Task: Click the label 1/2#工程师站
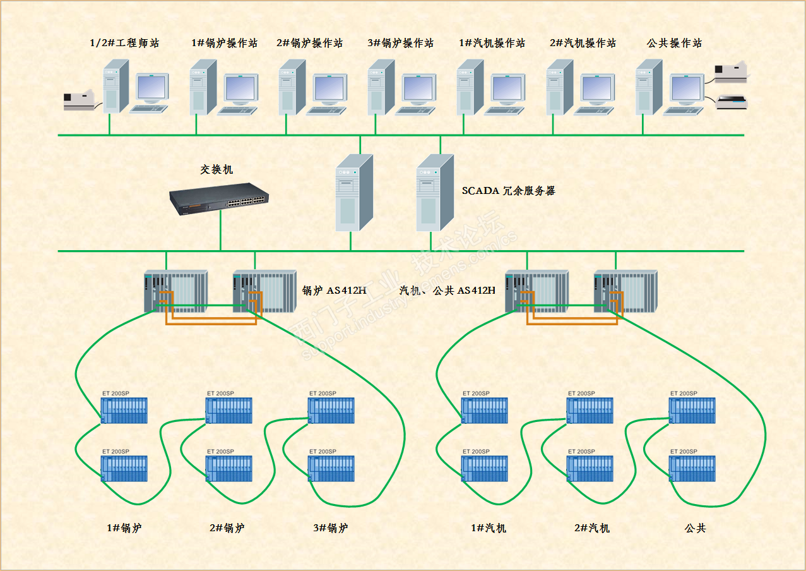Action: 124,43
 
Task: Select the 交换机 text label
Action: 216,169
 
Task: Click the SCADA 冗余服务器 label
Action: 508,191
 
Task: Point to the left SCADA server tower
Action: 353,192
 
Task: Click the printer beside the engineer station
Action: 79,101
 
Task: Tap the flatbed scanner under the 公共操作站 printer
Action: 732,101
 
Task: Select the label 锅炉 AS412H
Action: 334,291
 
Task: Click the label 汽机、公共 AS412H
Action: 447,291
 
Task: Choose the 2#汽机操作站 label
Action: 583,43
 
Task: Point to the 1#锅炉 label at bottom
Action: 124,528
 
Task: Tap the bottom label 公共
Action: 695,528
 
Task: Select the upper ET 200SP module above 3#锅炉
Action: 331,410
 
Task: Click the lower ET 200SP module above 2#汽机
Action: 590,468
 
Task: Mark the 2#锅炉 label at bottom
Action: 227,528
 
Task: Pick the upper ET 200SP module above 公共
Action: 692,410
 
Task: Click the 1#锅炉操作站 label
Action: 224,43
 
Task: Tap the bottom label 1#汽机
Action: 488,528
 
